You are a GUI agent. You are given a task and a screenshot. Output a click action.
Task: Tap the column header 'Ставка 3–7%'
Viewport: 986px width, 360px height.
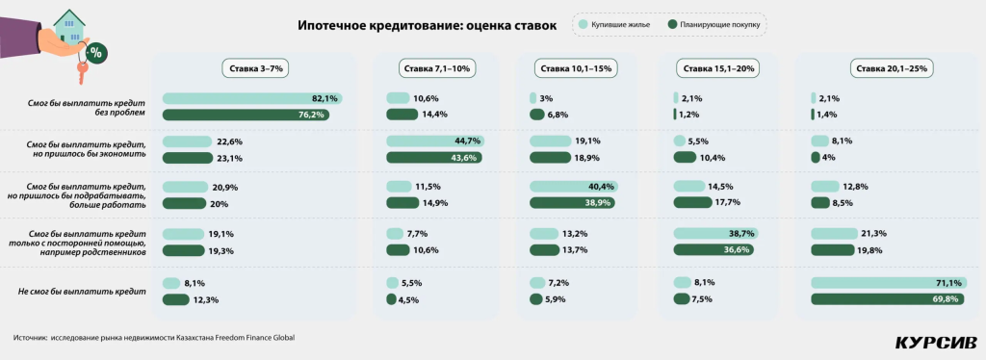point(254,68)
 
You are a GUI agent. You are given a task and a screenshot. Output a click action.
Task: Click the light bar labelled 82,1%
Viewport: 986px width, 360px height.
point(252,98)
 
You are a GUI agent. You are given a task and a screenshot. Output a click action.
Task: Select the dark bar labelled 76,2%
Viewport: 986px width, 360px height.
point(246,115)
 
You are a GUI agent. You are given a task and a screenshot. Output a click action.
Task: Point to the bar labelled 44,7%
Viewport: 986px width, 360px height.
point(434,141)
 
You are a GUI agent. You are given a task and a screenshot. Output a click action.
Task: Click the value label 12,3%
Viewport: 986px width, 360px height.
point(205,299)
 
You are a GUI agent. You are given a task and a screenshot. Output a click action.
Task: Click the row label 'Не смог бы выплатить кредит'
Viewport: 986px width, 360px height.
point(82,291)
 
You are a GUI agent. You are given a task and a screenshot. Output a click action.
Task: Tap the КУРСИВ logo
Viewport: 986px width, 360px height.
point(935,342)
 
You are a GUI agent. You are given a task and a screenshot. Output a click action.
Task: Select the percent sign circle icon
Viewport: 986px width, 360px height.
point(96,52)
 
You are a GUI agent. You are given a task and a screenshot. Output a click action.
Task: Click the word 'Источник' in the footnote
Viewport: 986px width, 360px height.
point(31,338)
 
